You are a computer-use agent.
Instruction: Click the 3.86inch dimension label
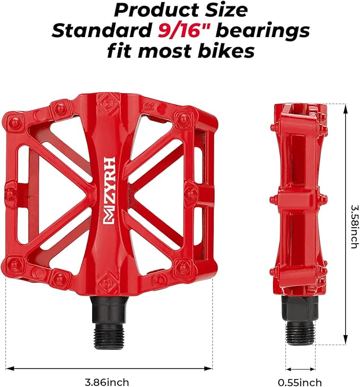107,382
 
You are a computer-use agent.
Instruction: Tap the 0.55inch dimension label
300,382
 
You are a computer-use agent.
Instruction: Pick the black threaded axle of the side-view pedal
300,323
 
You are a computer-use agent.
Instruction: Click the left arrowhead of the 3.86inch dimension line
8,368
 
